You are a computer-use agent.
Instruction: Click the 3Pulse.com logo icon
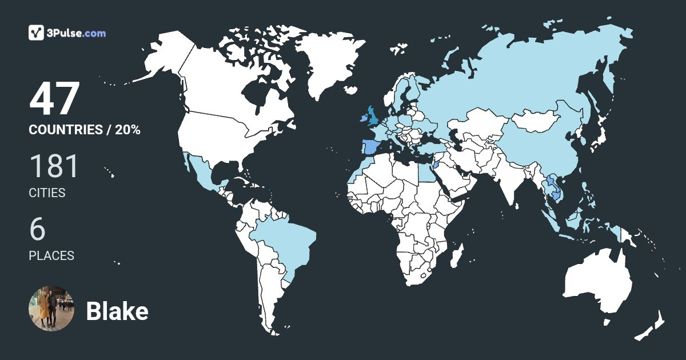pos(37,33)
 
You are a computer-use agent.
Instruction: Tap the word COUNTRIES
pos(65,130)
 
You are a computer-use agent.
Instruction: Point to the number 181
pos(54,166)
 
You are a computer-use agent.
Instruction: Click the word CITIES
pos(47,193)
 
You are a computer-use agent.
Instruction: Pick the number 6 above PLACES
pos(37,229)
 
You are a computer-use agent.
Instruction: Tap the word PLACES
pos(51,256)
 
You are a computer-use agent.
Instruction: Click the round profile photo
pos(51,309)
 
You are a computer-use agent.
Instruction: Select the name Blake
pos(117,311)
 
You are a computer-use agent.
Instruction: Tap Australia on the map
pos(597,283)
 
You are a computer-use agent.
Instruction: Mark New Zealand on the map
pos(652,326)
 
